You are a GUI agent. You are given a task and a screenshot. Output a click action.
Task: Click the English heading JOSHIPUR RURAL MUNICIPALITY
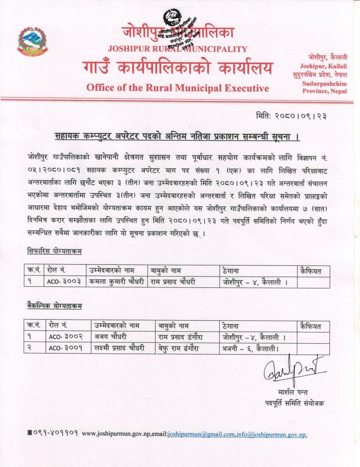point(177,49)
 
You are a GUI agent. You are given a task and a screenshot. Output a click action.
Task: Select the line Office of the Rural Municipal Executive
point(177,88)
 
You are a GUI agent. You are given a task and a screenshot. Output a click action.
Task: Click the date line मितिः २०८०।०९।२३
point(291,116)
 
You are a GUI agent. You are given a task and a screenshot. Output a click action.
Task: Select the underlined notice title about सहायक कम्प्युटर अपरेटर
point(177,137)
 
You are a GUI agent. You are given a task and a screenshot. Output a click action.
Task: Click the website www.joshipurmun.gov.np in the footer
point(122,434)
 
